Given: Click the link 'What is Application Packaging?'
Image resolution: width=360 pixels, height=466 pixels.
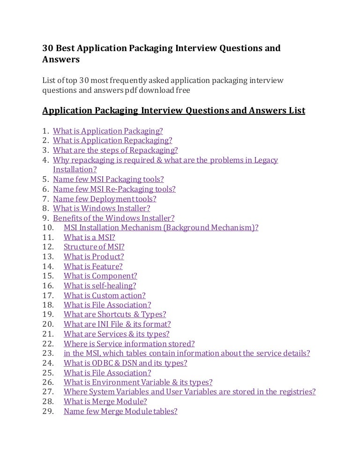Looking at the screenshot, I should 108,131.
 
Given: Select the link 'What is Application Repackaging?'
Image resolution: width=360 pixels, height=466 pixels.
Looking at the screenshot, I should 112,140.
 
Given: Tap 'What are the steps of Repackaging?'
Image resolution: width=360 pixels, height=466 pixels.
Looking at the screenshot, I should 115,150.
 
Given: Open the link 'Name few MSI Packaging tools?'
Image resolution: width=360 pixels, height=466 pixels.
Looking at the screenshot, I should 108,179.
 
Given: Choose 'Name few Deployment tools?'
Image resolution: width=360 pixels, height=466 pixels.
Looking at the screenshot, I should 105,198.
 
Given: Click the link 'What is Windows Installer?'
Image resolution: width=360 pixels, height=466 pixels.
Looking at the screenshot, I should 101,208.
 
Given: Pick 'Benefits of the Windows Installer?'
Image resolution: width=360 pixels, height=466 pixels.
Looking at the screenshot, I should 113,218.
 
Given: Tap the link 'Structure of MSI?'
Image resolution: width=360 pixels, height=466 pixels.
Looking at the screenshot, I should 94,247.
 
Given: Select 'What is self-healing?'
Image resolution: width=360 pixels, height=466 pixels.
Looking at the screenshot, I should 100,286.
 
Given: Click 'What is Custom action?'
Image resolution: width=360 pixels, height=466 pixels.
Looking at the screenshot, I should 105,295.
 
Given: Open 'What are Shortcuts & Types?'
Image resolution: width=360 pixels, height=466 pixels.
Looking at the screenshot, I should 115,315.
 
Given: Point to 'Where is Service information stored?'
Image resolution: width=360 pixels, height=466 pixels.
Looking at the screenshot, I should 129,344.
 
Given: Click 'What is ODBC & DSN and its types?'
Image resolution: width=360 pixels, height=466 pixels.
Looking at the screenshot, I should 125,363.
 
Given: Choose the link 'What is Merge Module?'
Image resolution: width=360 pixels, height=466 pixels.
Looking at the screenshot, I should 105,402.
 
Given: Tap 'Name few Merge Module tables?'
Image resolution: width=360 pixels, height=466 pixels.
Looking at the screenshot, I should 120,411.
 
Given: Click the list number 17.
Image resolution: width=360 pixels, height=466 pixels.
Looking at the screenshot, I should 49,295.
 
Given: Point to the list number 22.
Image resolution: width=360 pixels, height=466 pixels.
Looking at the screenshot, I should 49,344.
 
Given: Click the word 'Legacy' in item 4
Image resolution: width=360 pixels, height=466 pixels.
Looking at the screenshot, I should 266,160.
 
